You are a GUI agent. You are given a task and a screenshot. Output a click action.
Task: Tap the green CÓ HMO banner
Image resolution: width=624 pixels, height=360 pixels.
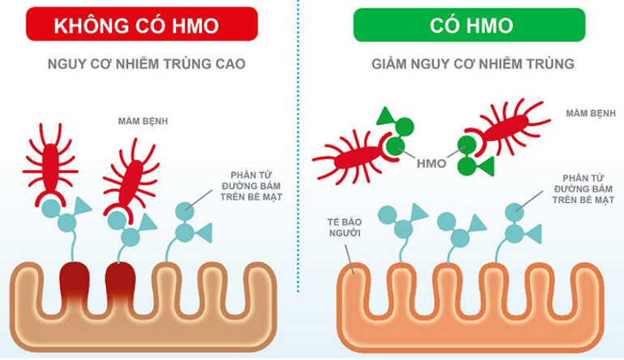tap(469, 24)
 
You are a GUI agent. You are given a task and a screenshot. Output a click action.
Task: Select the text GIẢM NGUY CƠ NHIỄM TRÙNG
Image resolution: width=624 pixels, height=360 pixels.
tap(469, 63)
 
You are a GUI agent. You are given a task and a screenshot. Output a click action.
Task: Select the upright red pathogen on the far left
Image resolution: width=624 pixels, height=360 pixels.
tap(50, 162)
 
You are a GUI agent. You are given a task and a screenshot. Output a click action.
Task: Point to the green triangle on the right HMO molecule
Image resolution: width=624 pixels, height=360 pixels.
tap(485, 166)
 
